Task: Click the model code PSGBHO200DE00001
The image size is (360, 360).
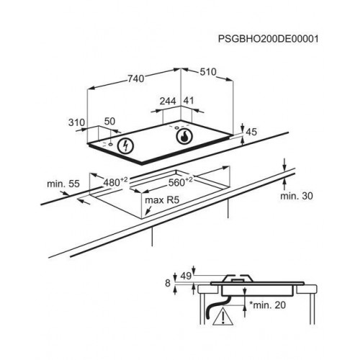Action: pos(268,39)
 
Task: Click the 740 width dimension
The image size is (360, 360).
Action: pos(136,78)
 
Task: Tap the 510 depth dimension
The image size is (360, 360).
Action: pos(208,72)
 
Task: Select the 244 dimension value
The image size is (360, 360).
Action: pos(168,101)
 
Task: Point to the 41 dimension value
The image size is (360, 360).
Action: pos(189,100)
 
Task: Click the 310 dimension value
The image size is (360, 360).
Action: pos(76,122)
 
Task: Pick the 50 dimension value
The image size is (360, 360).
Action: pos(109,121)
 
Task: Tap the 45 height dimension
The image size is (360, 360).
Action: pos(251,132)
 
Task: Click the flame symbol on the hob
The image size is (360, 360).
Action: pos(184,137)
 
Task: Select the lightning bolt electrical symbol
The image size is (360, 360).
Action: pos(125,145)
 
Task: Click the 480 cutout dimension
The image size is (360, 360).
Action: pos(115,182)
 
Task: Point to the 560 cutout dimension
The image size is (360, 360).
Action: pos(180,182)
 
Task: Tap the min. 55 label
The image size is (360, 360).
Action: pos(63,184)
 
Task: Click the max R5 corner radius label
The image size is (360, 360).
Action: pos(162,200)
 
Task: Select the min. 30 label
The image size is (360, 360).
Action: pos(297,196)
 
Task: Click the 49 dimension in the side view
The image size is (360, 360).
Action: pos(186,276)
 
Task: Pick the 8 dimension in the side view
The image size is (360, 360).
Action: pos(168,283)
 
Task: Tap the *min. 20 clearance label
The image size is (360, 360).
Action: pos(268,305)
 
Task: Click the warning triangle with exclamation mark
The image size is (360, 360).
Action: pos(223,318)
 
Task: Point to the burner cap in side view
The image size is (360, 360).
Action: pos(238,279)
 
